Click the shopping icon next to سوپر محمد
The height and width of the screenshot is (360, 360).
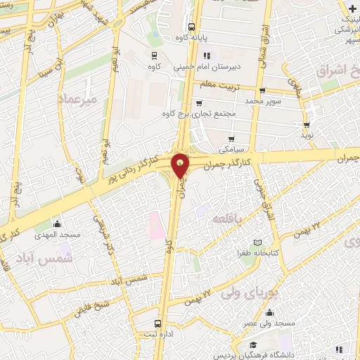pos(262,90)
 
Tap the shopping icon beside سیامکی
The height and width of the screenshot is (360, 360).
pos(231,138)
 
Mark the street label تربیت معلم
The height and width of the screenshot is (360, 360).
pos(220,84)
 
